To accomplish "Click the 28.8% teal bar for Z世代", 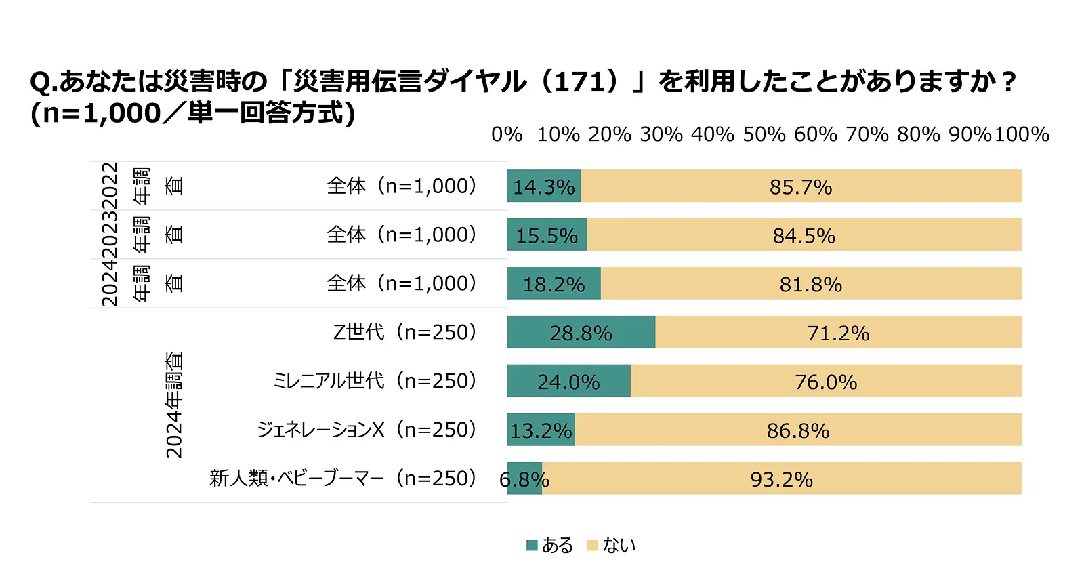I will point(581,332).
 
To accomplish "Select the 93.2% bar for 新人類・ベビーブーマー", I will point(781,479).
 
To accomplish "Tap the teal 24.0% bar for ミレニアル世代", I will point(569,381).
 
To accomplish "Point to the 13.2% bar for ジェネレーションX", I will point(541,430).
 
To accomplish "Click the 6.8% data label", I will point(524,480).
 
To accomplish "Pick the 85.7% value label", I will point(800,187).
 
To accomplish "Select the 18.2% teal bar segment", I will point(554,283).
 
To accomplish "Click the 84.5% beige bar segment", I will point(804,235).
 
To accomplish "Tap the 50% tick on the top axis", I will point(764,134).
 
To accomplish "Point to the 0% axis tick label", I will point(507,134).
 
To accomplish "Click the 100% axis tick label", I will point(1022,134).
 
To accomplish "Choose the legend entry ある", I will point(550,545).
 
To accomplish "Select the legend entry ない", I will point(611,545).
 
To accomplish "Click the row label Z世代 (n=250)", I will point(404,332).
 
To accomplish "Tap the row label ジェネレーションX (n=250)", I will point(367,430).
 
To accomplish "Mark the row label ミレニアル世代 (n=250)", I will point(375,381).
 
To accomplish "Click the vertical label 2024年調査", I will point(174,405).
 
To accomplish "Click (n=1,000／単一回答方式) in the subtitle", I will point(193,113).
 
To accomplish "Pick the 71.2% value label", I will point(838,333).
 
